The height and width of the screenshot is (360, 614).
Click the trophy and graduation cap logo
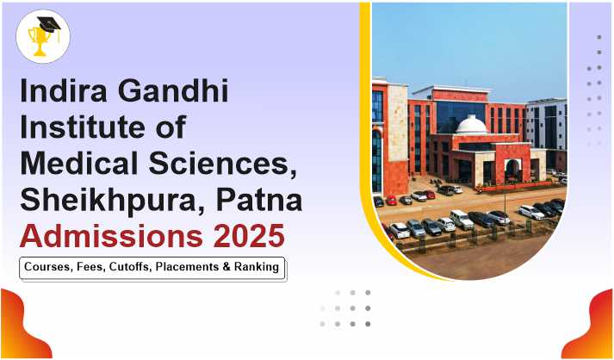(43, 36)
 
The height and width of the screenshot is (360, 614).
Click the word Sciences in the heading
(221, 164)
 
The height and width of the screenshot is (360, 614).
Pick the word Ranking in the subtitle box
(257, 268)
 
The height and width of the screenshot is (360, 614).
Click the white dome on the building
(472, 125)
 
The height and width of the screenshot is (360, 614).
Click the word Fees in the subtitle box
(91, 267)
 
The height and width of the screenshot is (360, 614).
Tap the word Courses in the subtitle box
(49, 267)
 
